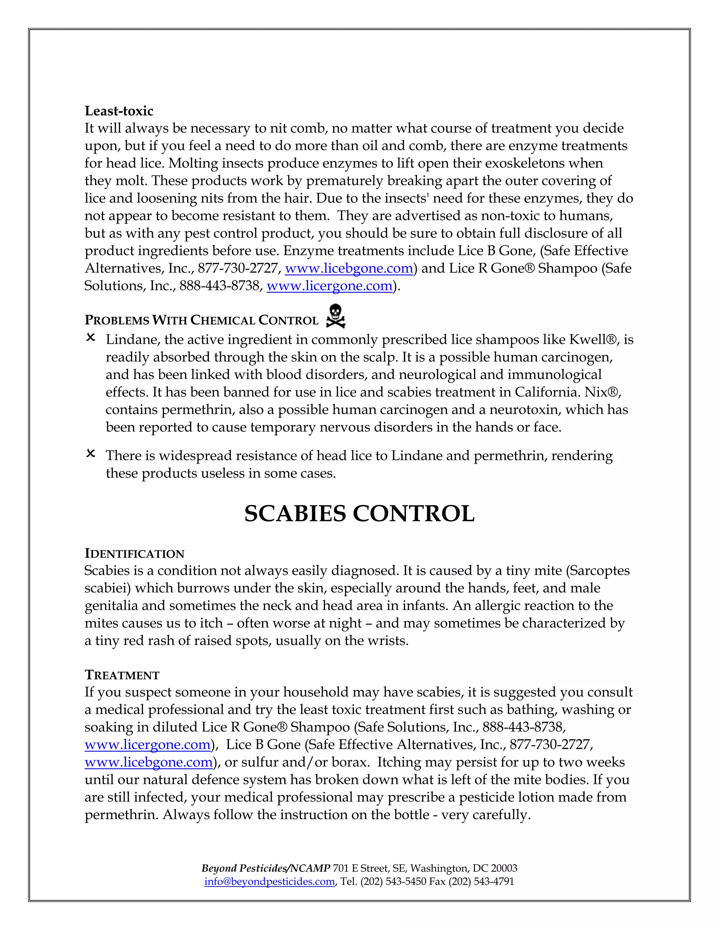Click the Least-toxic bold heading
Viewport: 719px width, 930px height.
[x=119, y=111]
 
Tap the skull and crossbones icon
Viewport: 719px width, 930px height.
[x=335, y=316]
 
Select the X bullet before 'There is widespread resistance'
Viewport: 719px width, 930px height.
[x=91, y=454]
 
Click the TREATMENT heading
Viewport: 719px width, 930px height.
[x=122, y=675]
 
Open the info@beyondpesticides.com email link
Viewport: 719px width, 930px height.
[x=269, y=882]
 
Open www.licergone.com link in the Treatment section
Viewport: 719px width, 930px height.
[x=148, y=744]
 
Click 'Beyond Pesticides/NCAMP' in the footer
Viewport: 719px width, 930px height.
[x=266, y=868]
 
